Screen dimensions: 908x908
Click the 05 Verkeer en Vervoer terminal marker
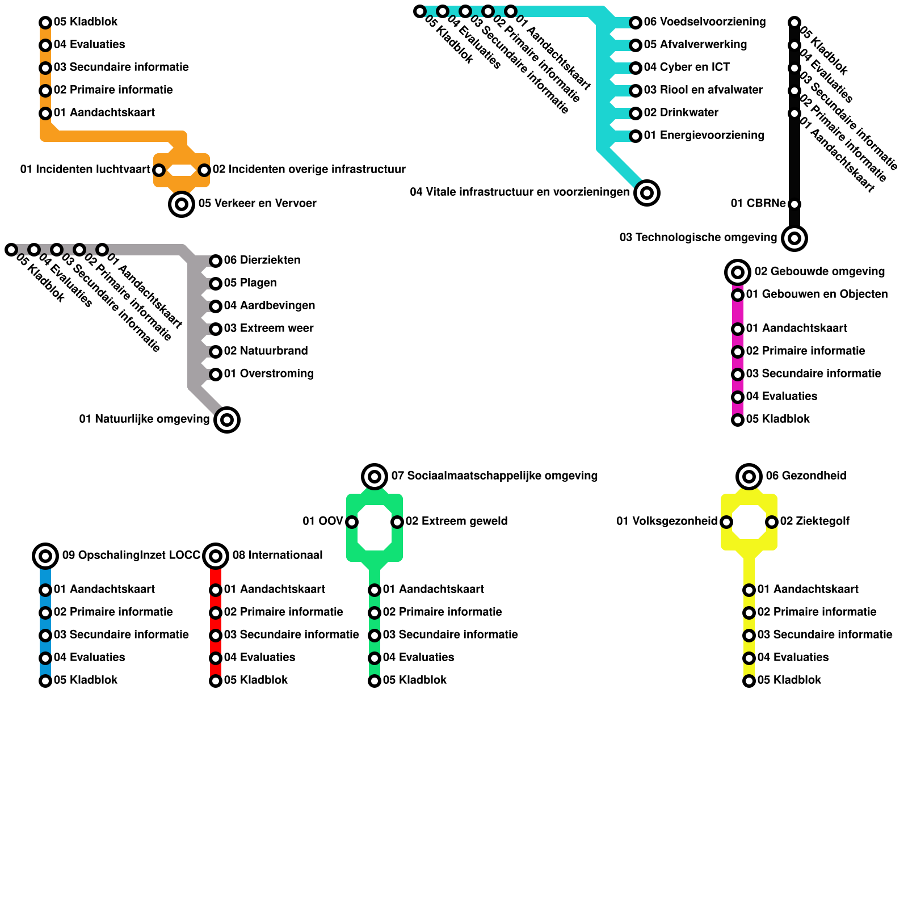point(182,204)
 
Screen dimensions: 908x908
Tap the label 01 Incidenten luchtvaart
point(85,170)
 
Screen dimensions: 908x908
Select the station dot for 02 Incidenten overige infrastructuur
point(204,170)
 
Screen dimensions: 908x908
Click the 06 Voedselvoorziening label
point(704,22)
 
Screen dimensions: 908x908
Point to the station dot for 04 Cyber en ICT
point(636,68)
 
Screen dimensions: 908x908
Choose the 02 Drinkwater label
point(680,113)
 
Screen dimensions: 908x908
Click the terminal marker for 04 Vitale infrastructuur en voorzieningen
point(647,193)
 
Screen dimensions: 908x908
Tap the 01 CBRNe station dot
point(794,204)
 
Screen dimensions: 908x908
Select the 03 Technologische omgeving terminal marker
point(794,238)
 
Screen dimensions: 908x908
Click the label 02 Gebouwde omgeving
point(819,272)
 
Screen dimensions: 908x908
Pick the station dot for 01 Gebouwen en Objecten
point(738,295)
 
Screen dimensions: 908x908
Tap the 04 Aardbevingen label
point(269,306)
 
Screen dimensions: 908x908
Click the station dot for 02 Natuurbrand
point(216,352)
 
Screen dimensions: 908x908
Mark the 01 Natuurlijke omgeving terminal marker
point(227,420)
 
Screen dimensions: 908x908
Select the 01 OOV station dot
point(352,522)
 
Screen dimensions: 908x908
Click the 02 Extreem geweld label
point(456,522)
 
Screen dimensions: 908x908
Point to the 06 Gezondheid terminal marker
point(749,477)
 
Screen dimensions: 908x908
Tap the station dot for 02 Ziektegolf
point(772,522)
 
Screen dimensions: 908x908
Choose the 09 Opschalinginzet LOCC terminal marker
point(45,556)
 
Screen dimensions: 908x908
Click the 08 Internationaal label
point(277,556)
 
